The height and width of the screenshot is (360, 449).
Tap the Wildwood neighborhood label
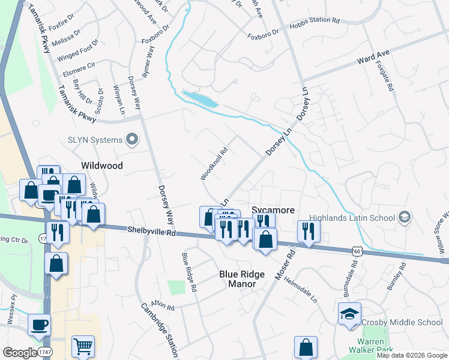102,166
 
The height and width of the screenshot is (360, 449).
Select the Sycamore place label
273,210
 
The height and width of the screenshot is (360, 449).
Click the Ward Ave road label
373,58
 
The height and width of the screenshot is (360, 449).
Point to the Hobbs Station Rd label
315,20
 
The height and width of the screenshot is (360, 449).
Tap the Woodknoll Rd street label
214,164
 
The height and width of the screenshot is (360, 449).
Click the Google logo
20,353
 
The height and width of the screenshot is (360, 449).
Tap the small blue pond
200,99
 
